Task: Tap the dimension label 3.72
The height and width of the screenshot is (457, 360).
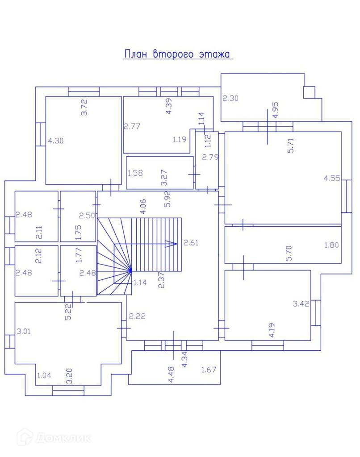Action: [84, 108]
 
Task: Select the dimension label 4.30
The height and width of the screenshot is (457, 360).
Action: [55, 141]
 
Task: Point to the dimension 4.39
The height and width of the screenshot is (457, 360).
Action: [169, 106]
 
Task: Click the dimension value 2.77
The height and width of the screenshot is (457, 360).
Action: [132, 126]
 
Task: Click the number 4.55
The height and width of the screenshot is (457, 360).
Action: [332, 178]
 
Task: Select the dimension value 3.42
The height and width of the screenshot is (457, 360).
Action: [301, 304]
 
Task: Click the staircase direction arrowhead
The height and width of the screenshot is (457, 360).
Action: [172, 244]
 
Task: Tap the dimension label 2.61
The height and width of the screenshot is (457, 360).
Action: [191, 243]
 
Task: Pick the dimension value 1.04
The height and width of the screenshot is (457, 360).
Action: [44, 375]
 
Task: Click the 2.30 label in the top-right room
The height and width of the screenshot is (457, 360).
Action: [230, 99]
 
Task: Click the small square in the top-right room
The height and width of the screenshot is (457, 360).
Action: [309, 92]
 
